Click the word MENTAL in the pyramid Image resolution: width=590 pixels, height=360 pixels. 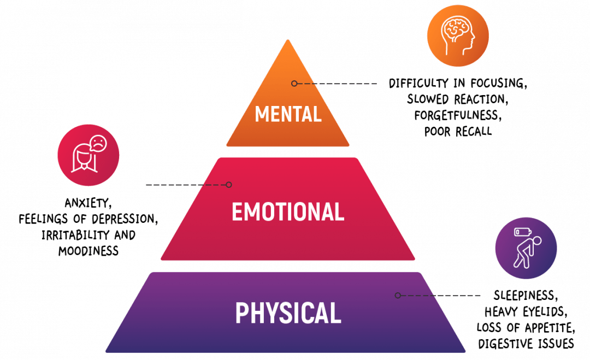[288, 114]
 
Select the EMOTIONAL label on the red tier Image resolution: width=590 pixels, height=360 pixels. [288, 211]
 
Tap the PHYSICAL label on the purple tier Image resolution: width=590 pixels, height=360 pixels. [288, 312]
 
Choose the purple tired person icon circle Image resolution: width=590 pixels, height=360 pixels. [526, 247]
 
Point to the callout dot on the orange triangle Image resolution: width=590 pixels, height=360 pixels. [294, 84]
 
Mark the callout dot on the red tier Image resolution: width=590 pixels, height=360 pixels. [229, 185]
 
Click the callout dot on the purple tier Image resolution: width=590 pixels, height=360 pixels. [398, 295]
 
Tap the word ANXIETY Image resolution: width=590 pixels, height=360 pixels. [88, 204]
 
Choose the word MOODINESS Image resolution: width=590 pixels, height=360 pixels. [88, 251]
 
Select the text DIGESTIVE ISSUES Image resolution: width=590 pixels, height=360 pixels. [526, 344]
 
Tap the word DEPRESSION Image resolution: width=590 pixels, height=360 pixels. [126, 219]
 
